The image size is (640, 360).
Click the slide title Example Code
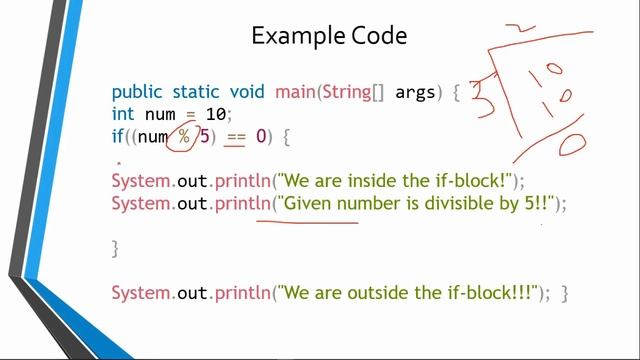coord(329,37)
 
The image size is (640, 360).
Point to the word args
coord(416,93)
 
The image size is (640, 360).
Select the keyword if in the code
coord(117,136)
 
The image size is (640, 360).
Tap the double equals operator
coord(235,136)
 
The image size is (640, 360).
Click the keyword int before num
coord(123,114)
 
